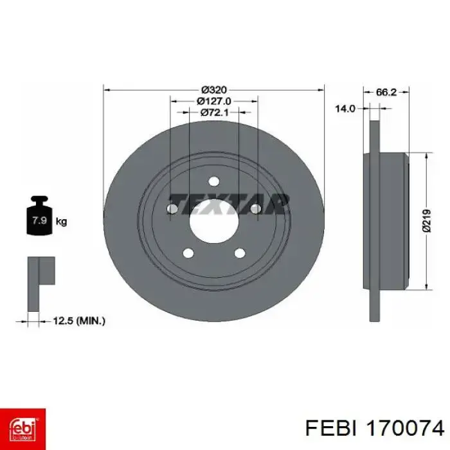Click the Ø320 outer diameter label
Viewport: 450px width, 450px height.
(214, 90)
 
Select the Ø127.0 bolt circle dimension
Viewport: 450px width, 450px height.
(214, 102)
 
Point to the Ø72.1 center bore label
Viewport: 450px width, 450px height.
(214, 113)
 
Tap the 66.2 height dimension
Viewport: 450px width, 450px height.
(386, 92)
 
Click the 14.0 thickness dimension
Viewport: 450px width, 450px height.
(345, 109)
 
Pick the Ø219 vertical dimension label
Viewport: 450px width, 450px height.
(427, 221)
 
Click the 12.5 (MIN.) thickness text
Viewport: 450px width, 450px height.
(79, 321)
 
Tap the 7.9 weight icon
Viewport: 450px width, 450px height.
(39, 215)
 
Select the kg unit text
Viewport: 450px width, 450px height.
(61, 222)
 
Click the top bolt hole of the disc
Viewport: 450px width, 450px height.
(214, 181)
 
